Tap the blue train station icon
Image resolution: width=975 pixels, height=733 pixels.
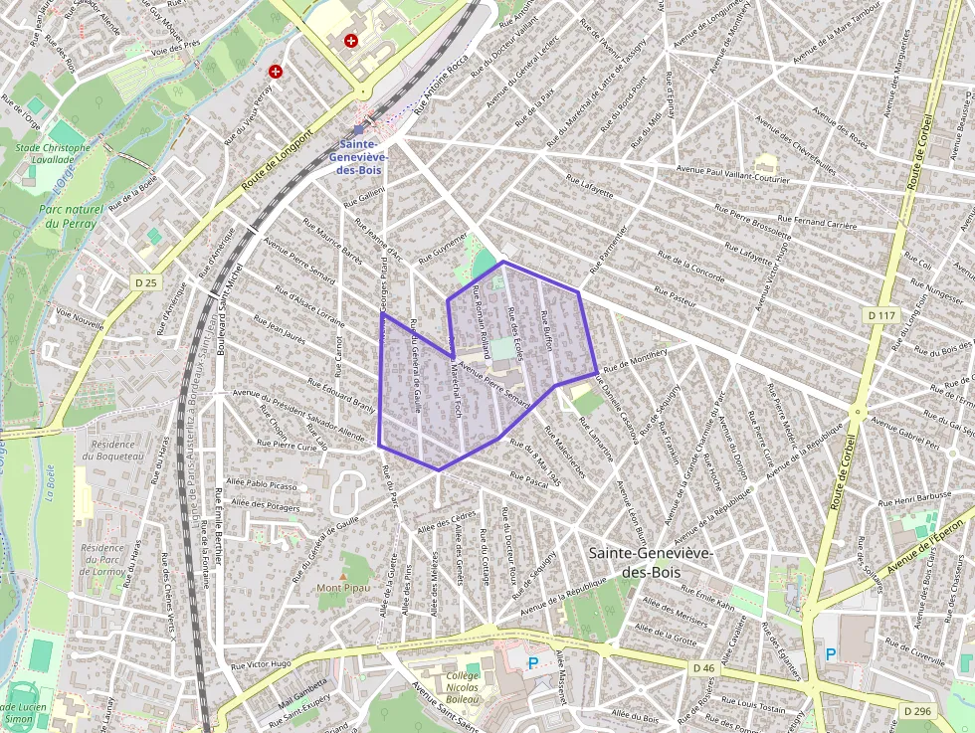tap(359, 129)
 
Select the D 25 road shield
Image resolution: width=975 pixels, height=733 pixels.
tap(145, 283)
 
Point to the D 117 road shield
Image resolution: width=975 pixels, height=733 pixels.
tap(881, 315)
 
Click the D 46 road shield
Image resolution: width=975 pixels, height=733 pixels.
tap(703, 667)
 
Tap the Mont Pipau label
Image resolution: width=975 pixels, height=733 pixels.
tap(343, 588)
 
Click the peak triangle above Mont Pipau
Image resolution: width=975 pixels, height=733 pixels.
tap(343, 575)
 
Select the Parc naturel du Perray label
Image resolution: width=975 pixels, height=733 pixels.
tap(70, 217)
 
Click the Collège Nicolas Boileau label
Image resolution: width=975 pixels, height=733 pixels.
tap(457, 684)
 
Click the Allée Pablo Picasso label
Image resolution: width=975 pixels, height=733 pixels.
tap(264, 485)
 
